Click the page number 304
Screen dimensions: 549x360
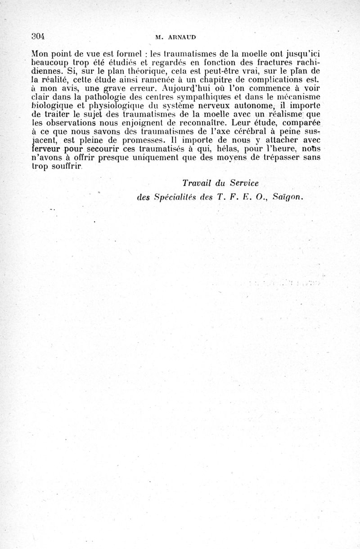click(40, 36)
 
